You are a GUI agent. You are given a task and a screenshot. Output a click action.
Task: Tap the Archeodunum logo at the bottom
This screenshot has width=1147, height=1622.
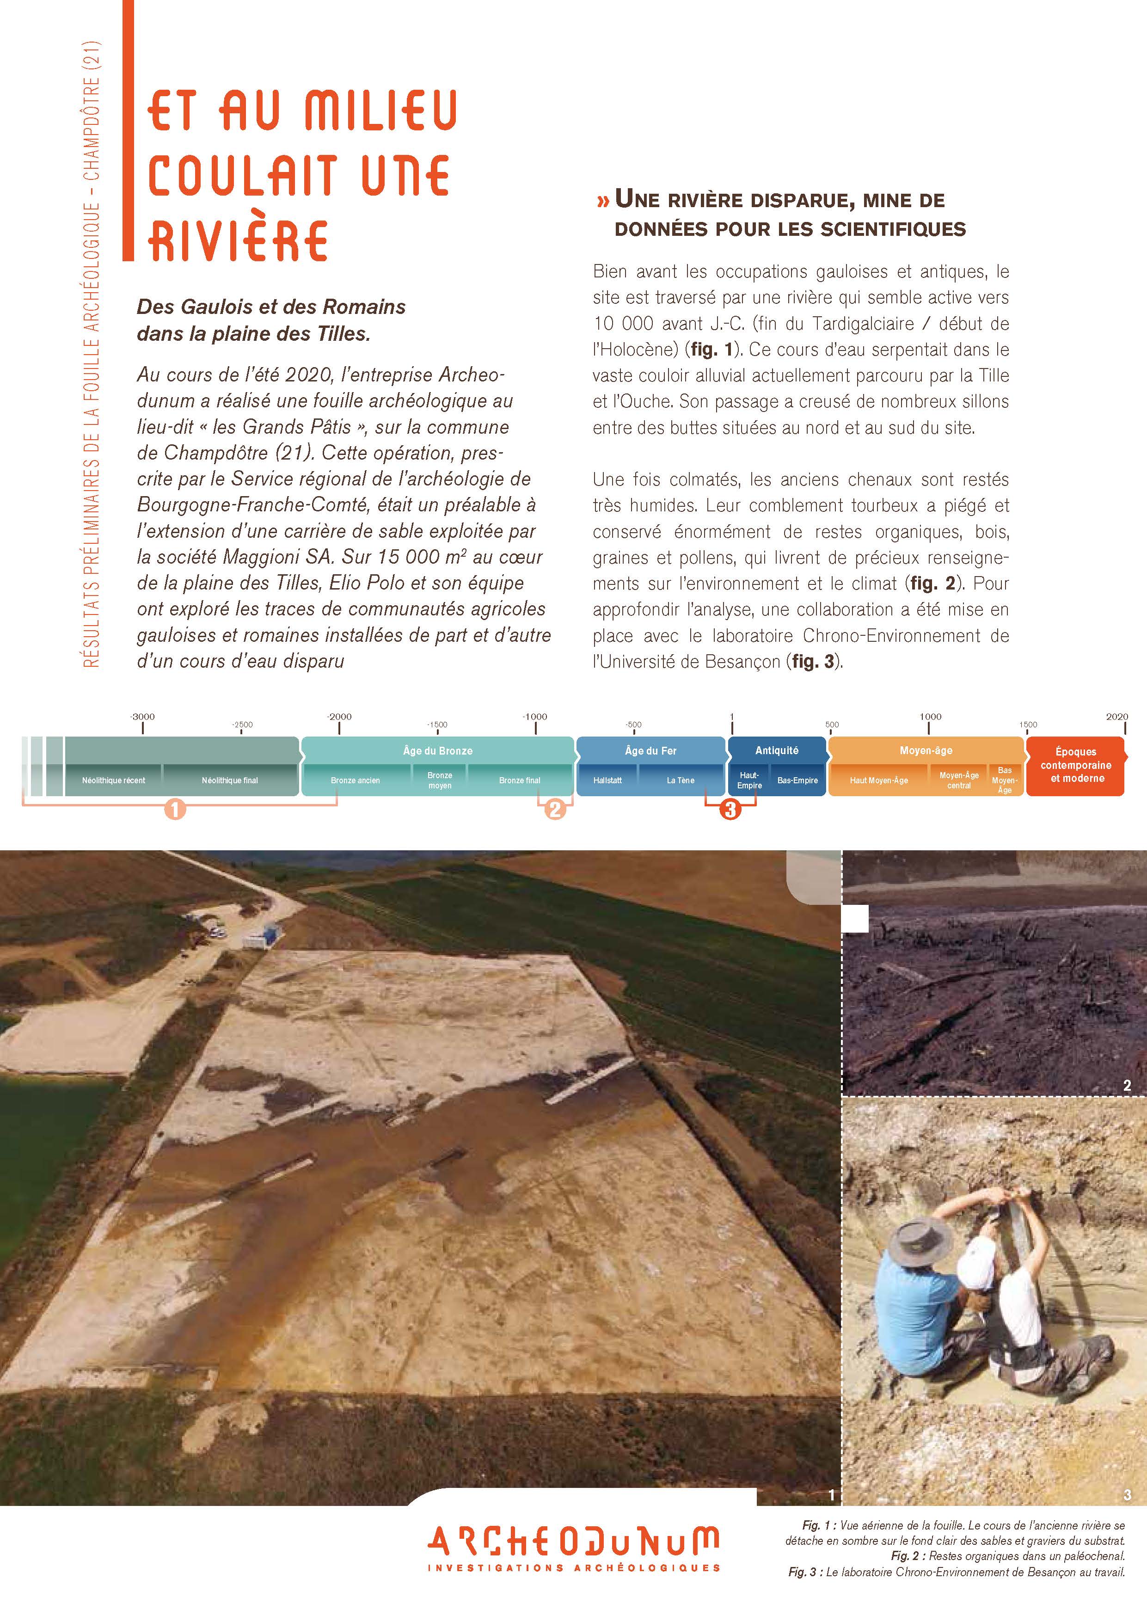pyautogui.click(x=573, y=1547)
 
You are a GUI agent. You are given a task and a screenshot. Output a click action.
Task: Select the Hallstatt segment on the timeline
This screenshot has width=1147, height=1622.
pyautogui.click(x=607, y=780)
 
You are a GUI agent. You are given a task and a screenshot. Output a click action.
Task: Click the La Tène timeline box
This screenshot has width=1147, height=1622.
pyautogui.click(x=680, y=780)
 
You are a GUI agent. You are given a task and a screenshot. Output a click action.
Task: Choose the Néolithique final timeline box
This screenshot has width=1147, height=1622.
pyautogui.click(x=230, y=780)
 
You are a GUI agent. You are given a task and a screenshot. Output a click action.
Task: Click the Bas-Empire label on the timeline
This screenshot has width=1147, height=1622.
pyautogui.click(x=797, y=780)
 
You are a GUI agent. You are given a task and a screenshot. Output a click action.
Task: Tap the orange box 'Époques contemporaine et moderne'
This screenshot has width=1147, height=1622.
pyautogui.click(x=1075, y=765)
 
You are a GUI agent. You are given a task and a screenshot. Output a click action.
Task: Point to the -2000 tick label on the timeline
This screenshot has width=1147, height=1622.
pyautogui.click(x=339, y=716)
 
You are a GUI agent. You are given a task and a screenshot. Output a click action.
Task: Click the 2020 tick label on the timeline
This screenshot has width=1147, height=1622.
pyautogui.click(x=1116, y=716)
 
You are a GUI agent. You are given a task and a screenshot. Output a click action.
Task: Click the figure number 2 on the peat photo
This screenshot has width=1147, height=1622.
pyautogui.click(x=1127, y=1086)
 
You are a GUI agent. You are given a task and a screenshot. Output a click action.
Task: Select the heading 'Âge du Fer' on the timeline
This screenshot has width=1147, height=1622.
pyautogui.click(x=650, y=751)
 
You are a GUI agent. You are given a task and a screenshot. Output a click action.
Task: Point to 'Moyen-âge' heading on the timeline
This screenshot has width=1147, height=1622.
pyautogui.click(x=926, y=751)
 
